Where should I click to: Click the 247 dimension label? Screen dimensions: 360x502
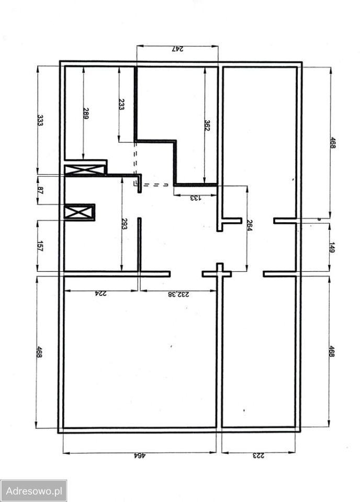click(178, 49)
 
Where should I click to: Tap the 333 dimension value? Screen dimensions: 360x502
click(40, 120)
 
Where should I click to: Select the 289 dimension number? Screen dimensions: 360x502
click(86, 113)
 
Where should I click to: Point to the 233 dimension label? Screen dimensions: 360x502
click(121, 104)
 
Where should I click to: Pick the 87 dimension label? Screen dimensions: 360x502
click(40, 190)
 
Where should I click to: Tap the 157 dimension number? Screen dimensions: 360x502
click(40, 246)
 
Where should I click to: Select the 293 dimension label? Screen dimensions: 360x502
click(124, 223)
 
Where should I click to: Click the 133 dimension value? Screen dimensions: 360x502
click(195, 198)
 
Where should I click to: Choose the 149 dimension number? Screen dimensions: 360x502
click(332, 248)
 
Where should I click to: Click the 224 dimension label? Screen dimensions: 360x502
click(100, 293)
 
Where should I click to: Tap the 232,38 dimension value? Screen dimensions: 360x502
click(178, 294)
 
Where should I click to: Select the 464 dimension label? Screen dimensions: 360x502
click(140, 455)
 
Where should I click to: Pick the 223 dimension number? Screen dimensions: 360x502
click(259, 455)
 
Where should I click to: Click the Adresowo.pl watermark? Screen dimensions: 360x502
click(33, 491)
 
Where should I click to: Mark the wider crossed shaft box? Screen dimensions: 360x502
click(85, 169)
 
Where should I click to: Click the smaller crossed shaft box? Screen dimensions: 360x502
click(79, 212)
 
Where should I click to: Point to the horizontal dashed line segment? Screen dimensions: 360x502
click(155, 185)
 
